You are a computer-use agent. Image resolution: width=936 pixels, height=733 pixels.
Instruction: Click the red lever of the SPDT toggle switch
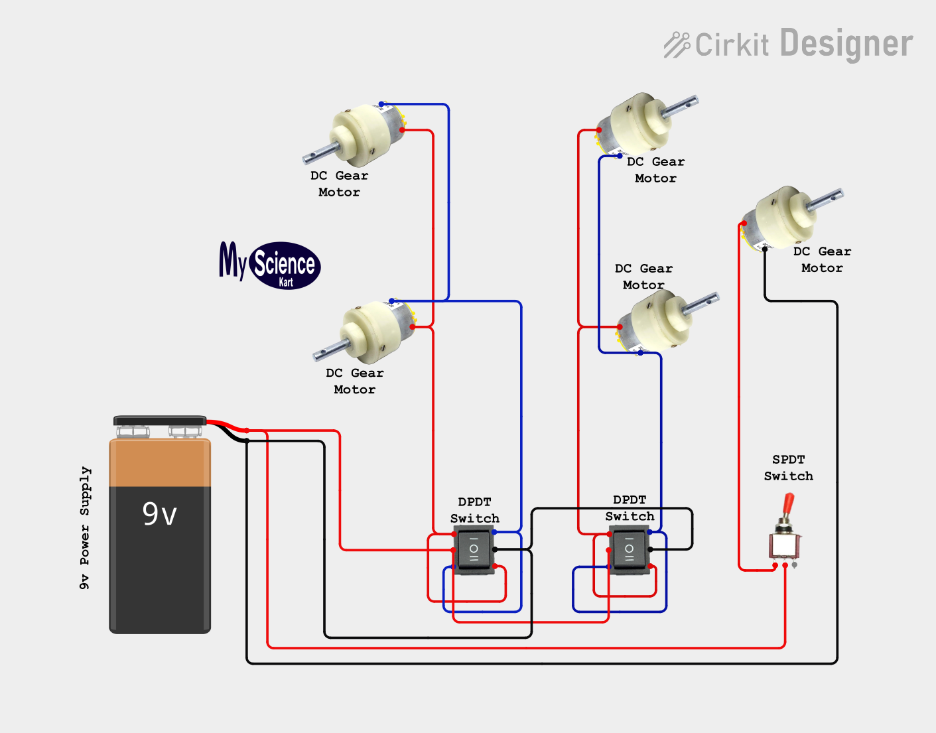pyautogui.click(x=788, y=504)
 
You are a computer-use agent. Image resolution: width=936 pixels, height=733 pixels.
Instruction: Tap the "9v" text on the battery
pyautogui.click(x=160, y=514)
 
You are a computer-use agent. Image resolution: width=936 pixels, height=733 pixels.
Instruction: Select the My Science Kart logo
pyautogui.click(x=271, y=265)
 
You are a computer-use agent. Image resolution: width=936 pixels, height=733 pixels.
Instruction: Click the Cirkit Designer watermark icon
pyautogui.click(x=677, y=44)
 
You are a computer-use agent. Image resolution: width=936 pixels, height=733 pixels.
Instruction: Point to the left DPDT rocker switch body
pyautogui.click(x=474, y=550)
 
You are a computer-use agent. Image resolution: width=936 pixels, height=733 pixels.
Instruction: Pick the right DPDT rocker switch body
pyautogui.click(x=629, y=549)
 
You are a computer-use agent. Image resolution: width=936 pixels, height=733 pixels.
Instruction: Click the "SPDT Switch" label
pyautogui.click(x=788, y=468)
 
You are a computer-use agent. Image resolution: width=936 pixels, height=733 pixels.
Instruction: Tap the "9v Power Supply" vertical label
pyautogui.click(x=85, y=527)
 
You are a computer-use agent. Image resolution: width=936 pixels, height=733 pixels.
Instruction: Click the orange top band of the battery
pyautogui.click(x=160, y=463)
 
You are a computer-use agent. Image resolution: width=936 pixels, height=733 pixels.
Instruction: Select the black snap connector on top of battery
pyautogui.click(x=160, y=421)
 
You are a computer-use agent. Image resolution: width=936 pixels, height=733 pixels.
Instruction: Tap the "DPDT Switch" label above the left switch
pyautogui.click(x=475, y=510)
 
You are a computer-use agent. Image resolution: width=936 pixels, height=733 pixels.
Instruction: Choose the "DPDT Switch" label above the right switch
pyautogui.click(x=630, y=508)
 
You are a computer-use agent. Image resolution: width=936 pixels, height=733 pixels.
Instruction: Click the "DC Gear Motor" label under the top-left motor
pyautogui.click(x=339, y=184)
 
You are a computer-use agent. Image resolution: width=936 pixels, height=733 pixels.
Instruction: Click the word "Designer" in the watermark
pyautogui.click(x=846, y=44)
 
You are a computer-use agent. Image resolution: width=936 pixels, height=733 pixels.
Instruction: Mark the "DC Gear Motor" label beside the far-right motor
pyautogui.click(x=822, y=259)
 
